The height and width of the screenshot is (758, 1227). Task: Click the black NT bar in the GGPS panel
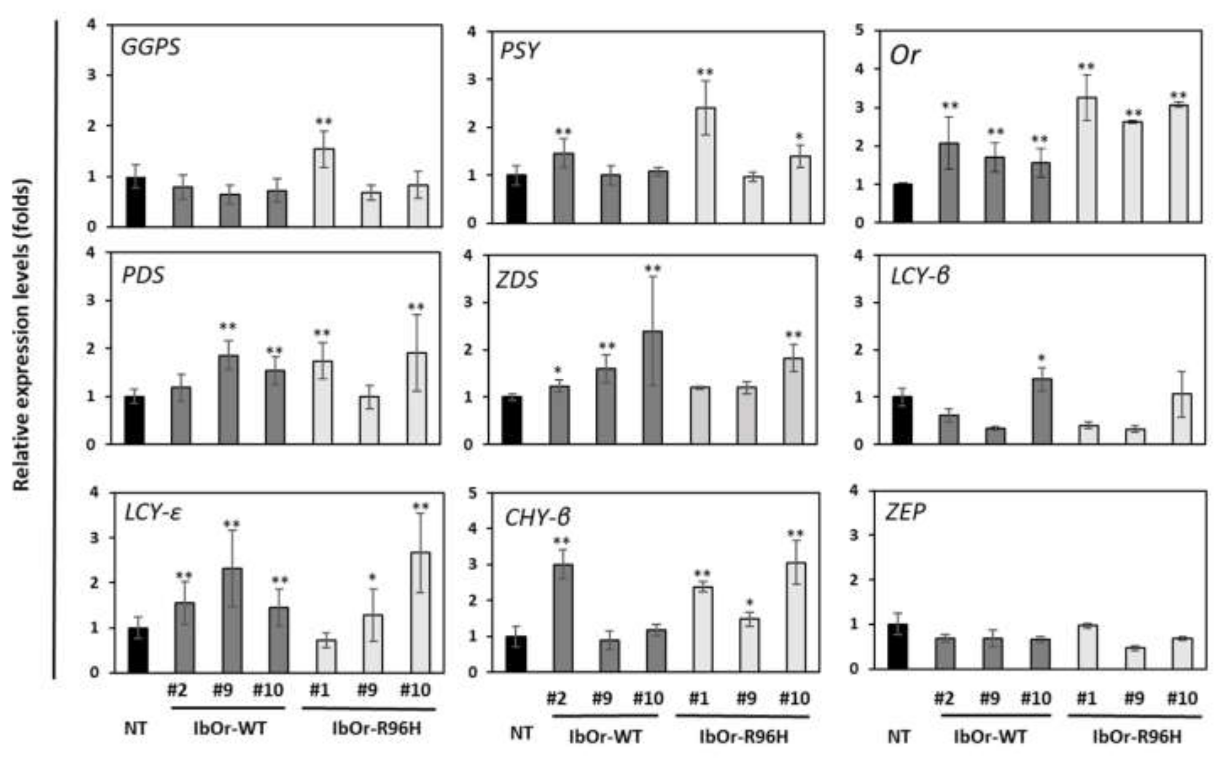pyautogui.click(x=135, y=202)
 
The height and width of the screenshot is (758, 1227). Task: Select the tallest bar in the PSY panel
pyautogui.click(x=705, y=165)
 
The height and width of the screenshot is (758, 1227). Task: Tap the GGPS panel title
pyautogui.click(x=150, y=47)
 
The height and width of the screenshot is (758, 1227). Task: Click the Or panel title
pyautogui.click(x=904, y=55)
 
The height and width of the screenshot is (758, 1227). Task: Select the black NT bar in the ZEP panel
pyautogui.click(x=900, y=646)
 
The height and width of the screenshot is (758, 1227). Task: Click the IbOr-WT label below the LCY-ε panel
pyautogui.click(x=230, y=728)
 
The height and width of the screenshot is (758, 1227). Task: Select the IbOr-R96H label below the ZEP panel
pyautogui.click(x=1137, y=736)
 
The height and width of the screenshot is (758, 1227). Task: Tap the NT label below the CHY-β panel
pyautogui.click(x=521, y=734)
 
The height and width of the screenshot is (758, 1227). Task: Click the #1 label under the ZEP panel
pyautogui.click(x=1086, y=699)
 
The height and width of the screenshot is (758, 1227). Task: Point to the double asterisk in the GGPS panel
pyautogui.click(x=324, y=122)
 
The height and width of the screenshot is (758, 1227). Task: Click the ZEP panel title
pyautogui.click(x=905, y=512)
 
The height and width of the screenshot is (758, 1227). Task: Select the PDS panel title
pyautogui.click(x=143, y=275)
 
